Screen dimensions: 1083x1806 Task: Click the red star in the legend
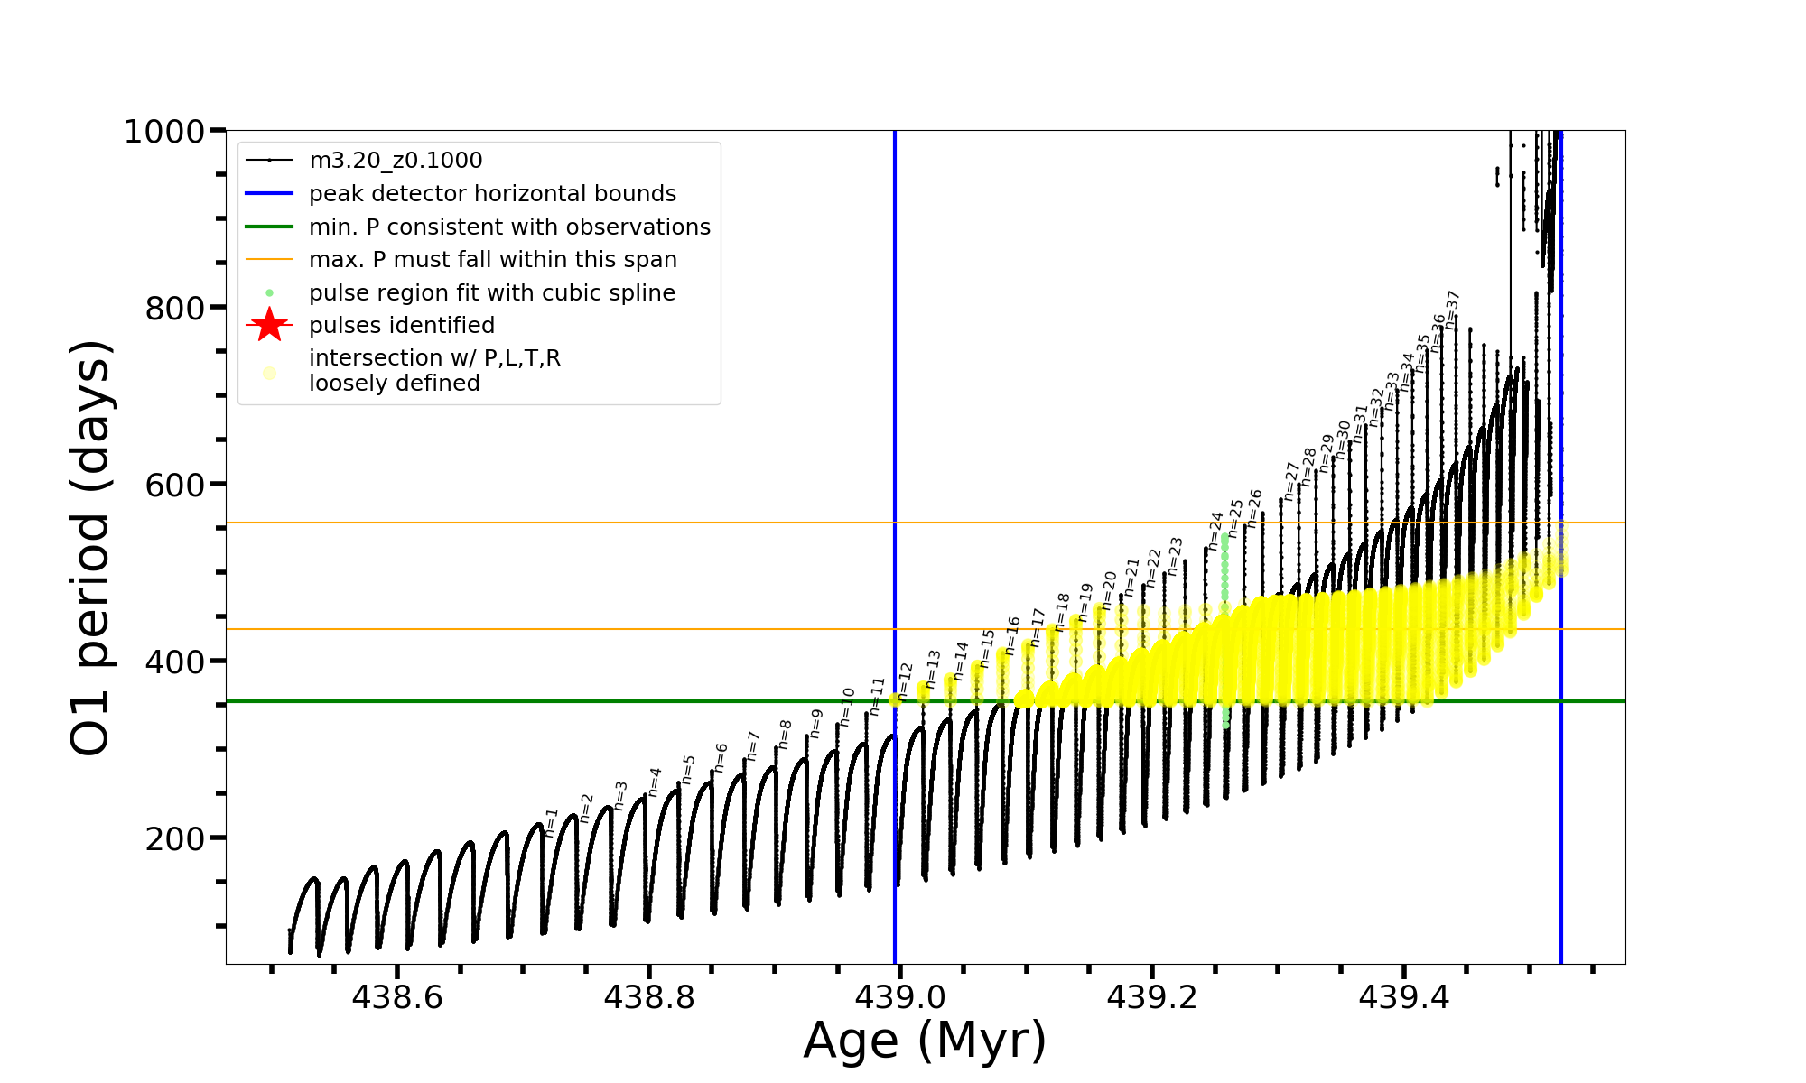coord(269,325)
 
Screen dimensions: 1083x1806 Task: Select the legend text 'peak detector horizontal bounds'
coord(492,194)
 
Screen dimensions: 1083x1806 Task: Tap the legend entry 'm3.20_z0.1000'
coord(396,161)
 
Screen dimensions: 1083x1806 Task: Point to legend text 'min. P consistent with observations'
coord(509,227)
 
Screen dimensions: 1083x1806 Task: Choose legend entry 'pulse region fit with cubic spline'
coord(492,293)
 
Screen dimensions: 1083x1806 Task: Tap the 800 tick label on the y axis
coord(174,309)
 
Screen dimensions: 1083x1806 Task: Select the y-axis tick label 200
coord(174,838)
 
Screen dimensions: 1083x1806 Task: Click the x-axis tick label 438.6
coord(397,997)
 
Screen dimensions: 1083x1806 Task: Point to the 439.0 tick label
coord(899,997)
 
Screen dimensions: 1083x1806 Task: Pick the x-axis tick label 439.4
coord(1403,997)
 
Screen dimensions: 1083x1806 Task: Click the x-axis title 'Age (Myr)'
coord(925,1041)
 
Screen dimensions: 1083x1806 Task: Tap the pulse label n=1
coord(551,822)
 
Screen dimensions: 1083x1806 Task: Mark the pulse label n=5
coord(688,770)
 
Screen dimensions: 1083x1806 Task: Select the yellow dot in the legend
coord(269,372)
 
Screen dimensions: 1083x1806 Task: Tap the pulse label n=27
coord(1291,481)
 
